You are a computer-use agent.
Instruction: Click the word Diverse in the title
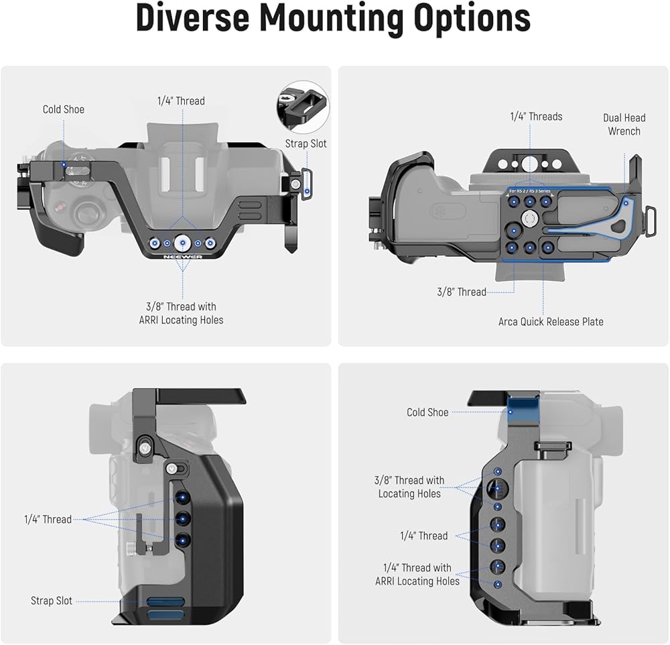192,18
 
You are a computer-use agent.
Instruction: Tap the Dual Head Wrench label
624,125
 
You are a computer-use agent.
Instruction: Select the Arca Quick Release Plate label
551,322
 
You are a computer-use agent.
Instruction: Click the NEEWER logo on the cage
183,257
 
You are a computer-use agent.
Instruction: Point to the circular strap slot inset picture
303,106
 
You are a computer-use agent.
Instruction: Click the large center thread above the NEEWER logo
182,243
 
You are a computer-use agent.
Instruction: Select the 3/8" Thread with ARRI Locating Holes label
181,313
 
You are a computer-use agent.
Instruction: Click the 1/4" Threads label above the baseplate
536,117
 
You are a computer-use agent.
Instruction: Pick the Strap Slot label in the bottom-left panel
52,601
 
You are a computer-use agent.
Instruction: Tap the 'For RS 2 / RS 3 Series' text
530,191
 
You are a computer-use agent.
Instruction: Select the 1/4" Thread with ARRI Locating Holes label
417,575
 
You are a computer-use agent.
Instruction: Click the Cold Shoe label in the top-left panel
63,109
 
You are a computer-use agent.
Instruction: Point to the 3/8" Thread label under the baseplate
462,292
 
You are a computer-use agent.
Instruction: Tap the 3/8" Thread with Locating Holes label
409,487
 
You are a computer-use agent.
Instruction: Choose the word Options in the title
472,19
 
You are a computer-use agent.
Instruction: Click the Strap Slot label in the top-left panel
306,143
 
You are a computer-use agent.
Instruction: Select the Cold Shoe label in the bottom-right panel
427,412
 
